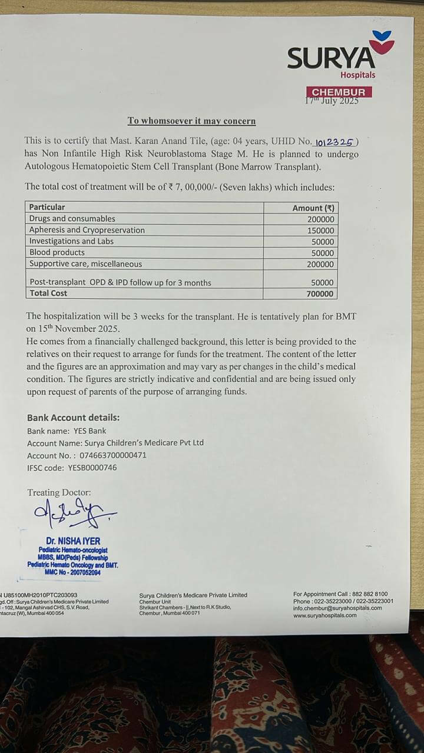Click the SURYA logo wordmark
330,59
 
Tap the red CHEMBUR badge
339,92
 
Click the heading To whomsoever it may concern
191,121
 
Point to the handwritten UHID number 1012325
334,142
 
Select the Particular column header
47,207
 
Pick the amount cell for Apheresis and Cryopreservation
320,230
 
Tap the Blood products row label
57,252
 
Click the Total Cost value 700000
320,294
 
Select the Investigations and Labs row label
71,241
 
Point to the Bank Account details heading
73,418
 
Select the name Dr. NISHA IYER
73,541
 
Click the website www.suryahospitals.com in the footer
324,615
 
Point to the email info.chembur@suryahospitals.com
337,608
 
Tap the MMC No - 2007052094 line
73,572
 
